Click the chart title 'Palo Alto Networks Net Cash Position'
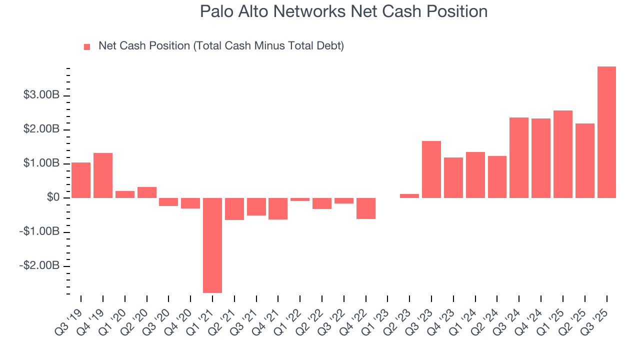pyautogui.click(x=343, y=11)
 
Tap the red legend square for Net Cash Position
pyautogui.click(x=87, y=46)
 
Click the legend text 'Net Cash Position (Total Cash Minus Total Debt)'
pyautogui.click(x=221, y=46)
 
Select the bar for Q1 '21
pyautogui.click(x=212, y=245)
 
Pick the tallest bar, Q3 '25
pyautogui.click(x=606, y=132)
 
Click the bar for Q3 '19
pyautogui.click(x=81, y=180)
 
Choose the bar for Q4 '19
pyautogui.click(x=103, y=175)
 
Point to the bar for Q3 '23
pyautogui.click(x=431, y=169)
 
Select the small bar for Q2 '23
pyautogui.click(x=409, y=195)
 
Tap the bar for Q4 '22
pyautogui.click(x=366, y=208)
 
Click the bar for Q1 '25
pyautogui.click(x=563, y=154)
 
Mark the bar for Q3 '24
pyautogui.click(x=519, y=157)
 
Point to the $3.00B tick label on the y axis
pyautogui.click(x=41, y=95)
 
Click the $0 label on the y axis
pyautogui.click(x=53, y=198)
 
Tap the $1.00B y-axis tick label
pyautogui.click(x=41, y=163)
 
